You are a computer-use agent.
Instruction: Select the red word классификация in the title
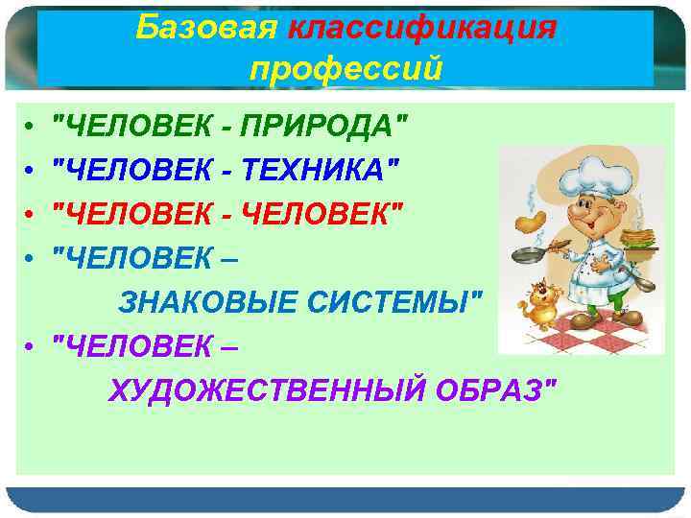coord(421,28)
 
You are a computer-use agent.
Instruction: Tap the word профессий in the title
coord(345,68)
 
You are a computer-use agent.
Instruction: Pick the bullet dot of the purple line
coord(31,349)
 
